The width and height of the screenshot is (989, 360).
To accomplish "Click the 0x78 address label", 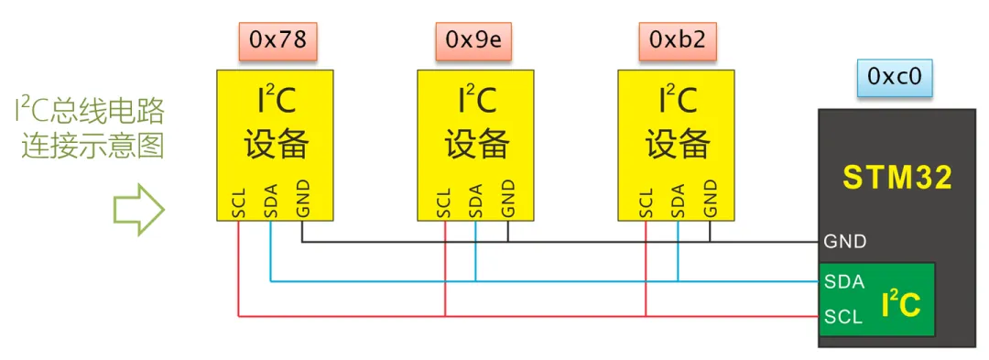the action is pyautogui.click(x=277, y=40).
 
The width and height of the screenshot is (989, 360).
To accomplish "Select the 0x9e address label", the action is pyautogui.click(x=473, y=40).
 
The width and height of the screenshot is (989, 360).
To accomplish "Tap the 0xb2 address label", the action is pyautogui.click(x=678, y=40).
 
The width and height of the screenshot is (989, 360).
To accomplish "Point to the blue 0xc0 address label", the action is pyautogui.click(x=895, y=76).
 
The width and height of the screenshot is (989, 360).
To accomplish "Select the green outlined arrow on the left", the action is pyautogui.click(x=139, y=210).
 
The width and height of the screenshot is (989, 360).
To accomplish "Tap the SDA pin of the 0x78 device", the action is pyautogui.click(x=270, y=202).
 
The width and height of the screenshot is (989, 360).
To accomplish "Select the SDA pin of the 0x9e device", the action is pyautogui.click(x=475, y=202).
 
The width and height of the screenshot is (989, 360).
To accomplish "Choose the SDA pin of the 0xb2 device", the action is pyautogui.click(x=678, y=202).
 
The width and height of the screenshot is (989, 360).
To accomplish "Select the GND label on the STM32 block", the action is pyautogui.click(x=844, y=241).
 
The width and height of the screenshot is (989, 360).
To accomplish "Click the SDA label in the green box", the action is pyautogui.click(x=843, y=282).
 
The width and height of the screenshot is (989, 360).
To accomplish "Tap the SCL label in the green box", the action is pyautogui.click(x=842, y=315).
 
